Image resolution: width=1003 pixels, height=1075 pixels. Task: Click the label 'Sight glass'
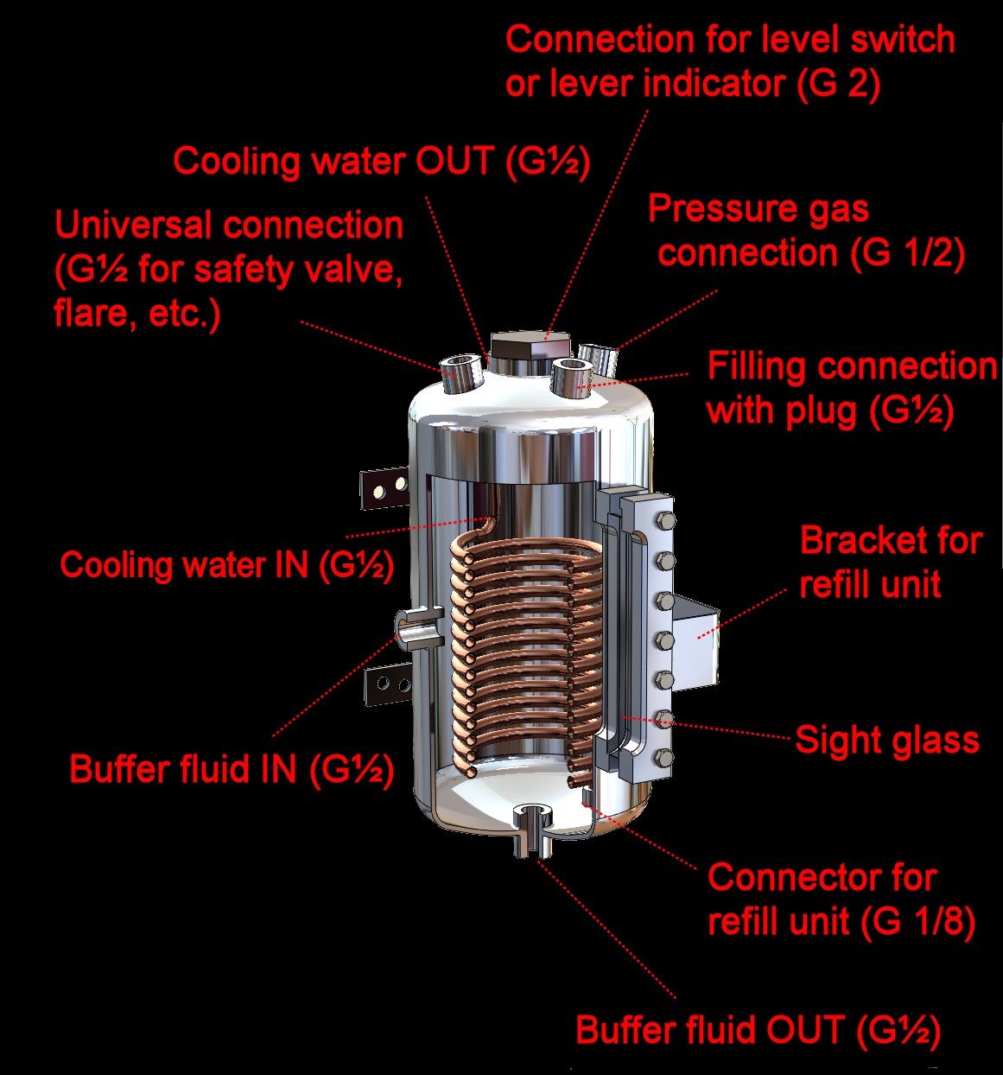887,740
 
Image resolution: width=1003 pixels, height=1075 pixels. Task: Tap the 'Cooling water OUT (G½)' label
381,162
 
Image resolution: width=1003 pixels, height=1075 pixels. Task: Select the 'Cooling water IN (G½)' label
227,565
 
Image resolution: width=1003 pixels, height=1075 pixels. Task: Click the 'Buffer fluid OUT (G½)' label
759,1029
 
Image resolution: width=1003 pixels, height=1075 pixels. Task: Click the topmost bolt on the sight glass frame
664,521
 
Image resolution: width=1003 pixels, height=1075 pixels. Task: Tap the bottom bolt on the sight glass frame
664,757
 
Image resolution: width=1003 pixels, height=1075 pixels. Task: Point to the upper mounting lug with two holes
385,488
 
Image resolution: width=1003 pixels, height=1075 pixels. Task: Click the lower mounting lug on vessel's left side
389,684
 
